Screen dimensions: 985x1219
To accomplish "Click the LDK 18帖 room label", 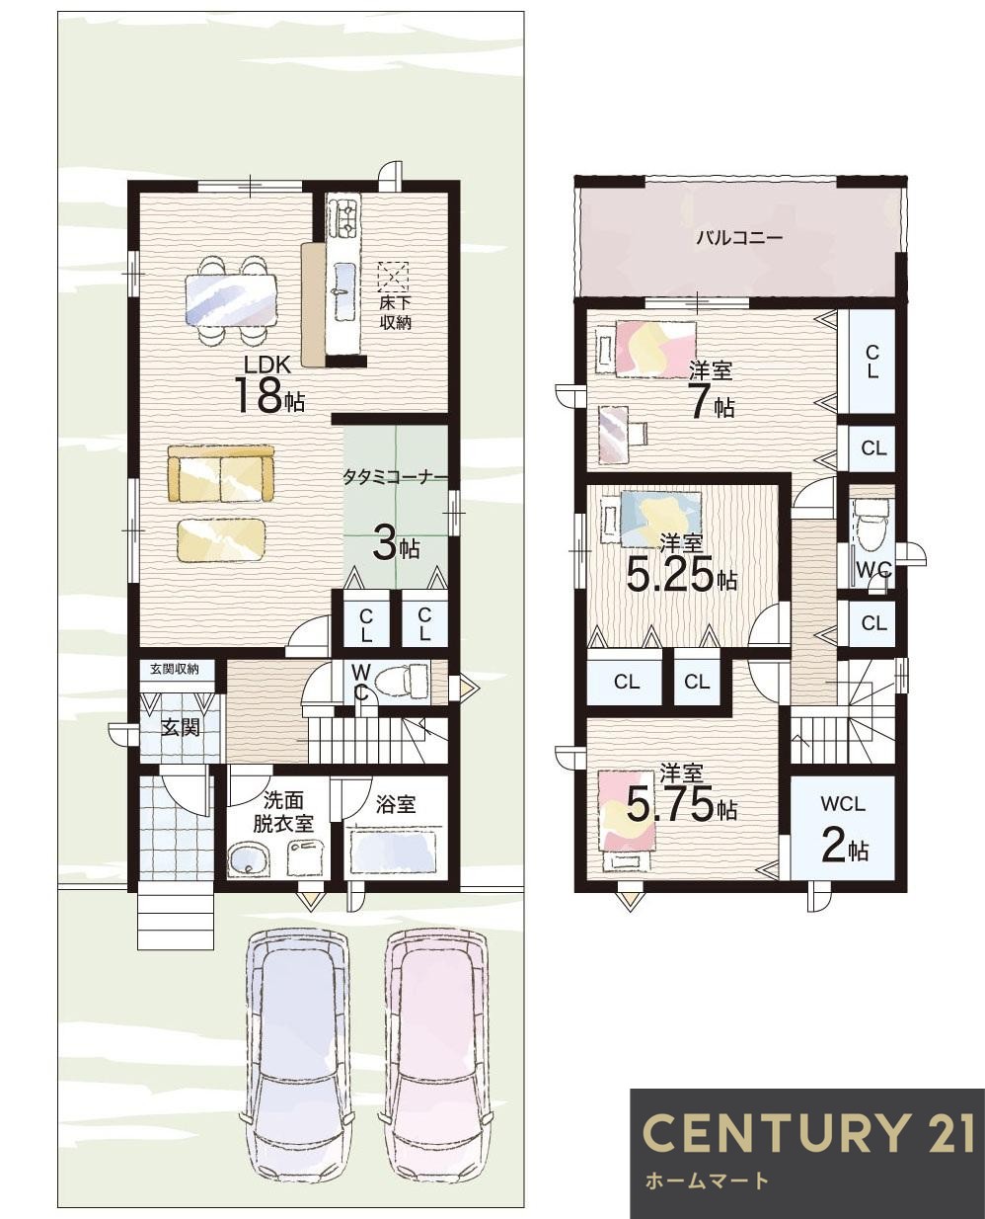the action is tap(269, 384).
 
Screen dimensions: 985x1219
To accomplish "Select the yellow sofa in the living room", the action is tap(221, 474).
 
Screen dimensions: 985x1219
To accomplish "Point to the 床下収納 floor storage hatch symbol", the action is tap(393, 277).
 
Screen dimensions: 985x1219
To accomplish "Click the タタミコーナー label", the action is tap(394, 478).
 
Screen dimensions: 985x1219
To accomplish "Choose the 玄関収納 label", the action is tap(175, 669).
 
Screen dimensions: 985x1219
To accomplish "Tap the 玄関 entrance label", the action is tap(180, 729).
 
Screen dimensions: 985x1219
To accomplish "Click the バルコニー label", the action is tap(739, 238).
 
